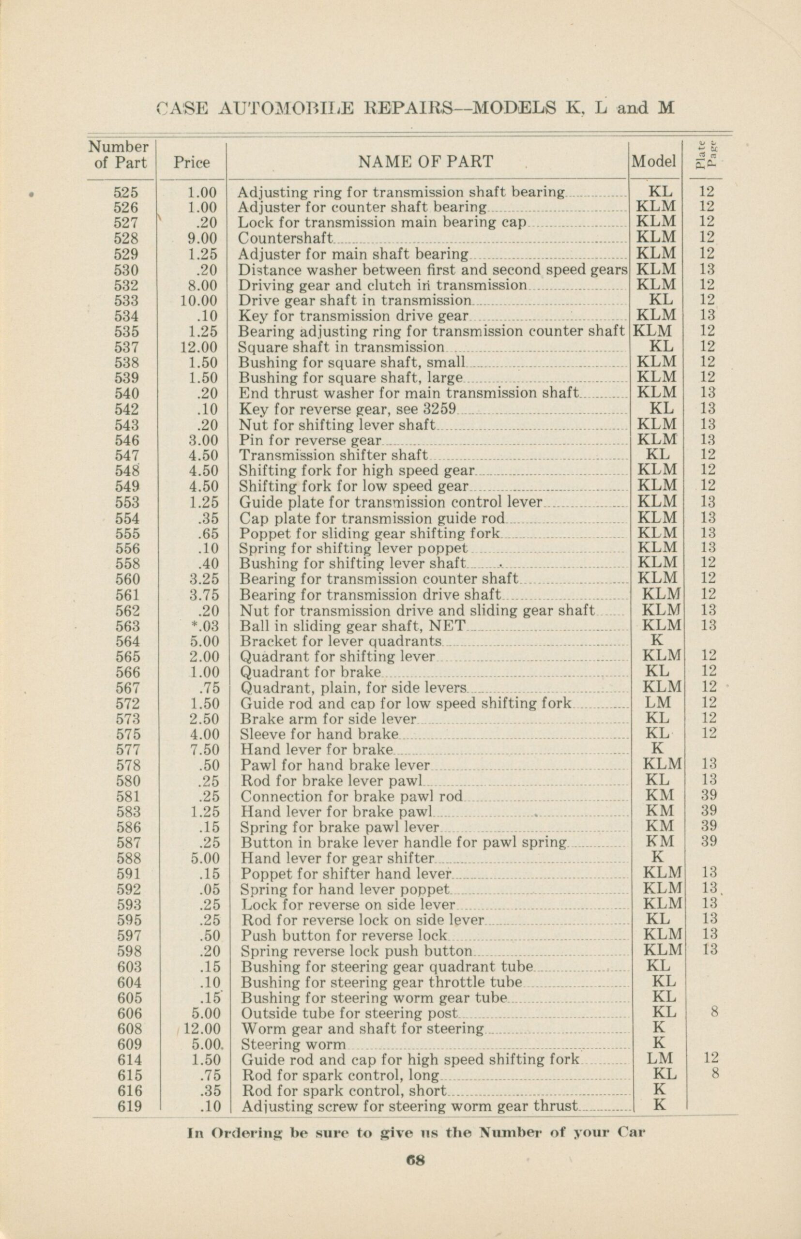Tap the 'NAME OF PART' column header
pyautogui.click(x=425, y=162)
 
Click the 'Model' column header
pyautogui.click(x=654, y=162)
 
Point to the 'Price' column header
pyautogui.click(x=191, y=163)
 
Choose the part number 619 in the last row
pyautogui.click(x=129, y=1106)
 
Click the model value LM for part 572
pyautogui.click(x=658, y=703)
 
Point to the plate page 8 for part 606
pyautogui.click(x=714, y=1012)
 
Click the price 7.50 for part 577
pyautogui.click(x=204, y=749)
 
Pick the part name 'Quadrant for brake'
pyautogui.click(x=311, y=671)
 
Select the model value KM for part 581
pyautogui.click(x=659, y=795)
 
